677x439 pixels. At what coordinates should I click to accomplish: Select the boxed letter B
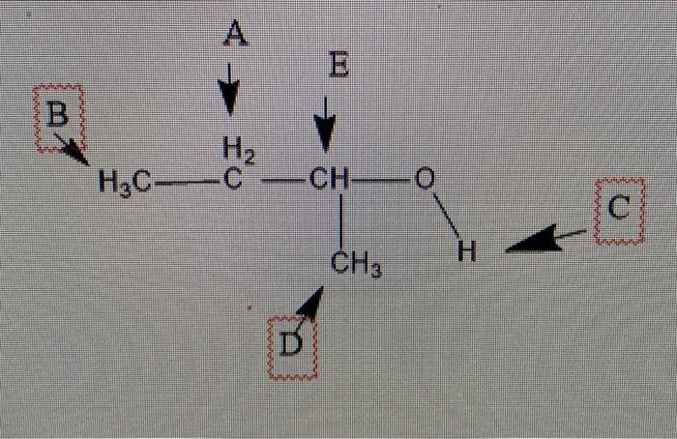click(x=58, y=116)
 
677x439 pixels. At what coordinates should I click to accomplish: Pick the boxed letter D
click(x=291, y=342)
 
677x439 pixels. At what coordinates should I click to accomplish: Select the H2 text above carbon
click(x=235, y=150)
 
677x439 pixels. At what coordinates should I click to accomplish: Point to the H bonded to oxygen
click(x=466, y=253)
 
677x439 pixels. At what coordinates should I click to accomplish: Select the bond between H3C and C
click(x=185, y=181)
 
